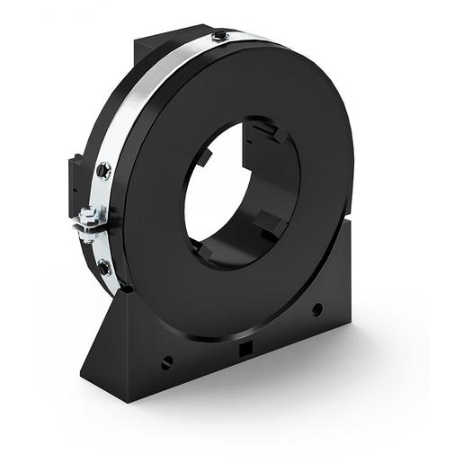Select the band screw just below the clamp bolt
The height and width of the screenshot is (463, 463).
[104, 266]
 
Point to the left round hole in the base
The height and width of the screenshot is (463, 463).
[166, 362]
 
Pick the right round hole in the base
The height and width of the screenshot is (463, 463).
[316, 309]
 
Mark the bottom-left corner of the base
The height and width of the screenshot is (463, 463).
[84, 374]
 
